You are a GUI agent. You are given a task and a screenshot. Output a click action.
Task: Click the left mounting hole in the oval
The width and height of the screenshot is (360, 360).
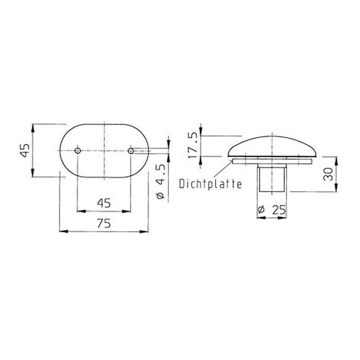[x=77, y=151]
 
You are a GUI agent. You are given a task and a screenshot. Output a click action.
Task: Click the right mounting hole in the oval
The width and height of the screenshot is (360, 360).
[x=130, y=151]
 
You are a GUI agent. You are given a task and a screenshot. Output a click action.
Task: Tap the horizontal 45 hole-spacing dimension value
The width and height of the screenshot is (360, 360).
[x=104, y=202]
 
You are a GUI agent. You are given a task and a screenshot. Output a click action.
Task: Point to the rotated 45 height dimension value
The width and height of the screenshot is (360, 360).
[x=26, y=151]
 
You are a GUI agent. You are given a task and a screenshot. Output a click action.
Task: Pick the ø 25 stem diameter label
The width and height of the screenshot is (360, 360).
[x=272, y=210]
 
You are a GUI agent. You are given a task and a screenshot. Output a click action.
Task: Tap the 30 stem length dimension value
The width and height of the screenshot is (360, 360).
[x=328, y=174]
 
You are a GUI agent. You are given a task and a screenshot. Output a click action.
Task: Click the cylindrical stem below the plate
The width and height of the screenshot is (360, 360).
[x=272, y=178]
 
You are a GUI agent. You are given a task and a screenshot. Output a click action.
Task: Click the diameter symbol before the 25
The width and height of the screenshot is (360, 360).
[x=261, y=210]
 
